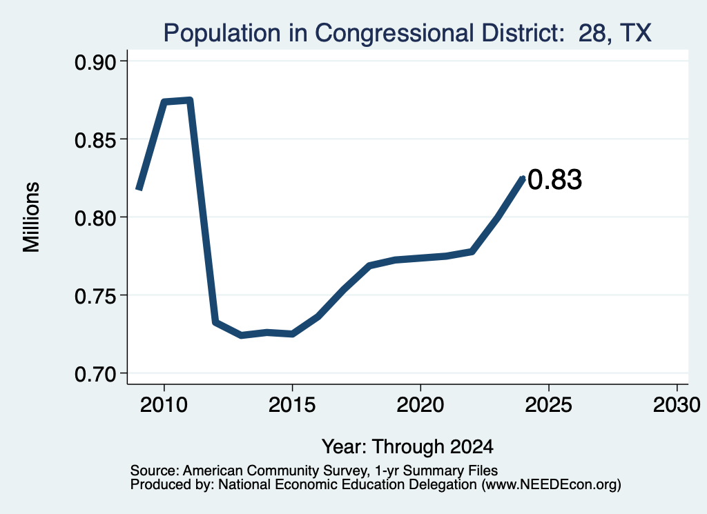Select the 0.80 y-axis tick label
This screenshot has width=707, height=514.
[95, 219]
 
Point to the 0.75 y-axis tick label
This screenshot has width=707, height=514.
[95, 297]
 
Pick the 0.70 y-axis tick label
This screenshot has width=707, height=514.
[95, 375]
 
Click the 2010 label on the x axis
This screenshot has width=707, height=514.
[164, 404]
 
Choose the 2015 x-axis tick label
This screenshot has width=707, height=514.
[292, 404]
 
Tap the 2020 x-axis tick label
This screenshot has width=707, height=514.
[420, 404]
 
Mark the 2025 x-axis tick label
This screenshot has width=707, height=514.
[549, 404]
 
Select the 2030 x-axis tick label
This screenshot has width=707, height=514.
[677, 404]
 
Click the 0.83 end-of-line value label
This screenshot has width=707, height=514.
[554, 179]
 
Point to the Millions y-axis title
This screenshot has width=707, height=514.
[31, 217]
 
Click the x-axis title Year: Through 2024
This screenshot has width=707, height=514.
[407, 446]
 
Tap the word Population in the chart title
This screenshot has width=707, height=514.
[222, 34]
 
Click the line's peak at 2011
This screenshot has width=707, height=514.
[190, 101]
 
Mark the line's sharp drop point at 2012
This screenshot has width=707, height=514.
[215, 322]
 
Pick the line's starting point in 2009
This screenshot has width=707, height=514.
[139, 189]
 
